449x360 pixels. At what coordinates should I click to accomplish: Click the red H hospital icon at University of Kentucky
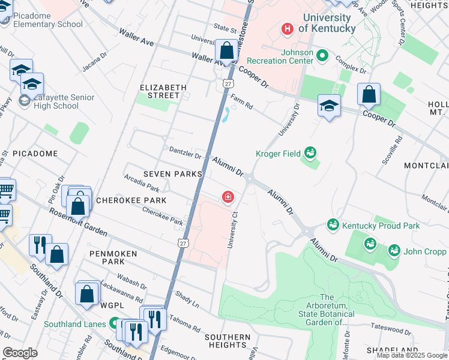[288, 28]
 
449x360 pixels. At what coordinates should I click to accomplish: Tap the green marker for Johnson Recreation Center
[322, 56]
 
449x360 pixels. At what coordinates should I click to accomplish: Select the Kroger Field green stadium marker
[310, 154]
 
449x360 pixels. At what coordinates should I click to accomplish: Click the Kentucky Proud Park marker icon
[333, 225]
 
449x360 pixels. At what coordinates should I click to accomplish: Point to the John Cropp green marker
[394, 250]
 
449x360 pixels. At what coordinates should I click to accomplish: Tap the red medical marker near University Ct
[228, 197]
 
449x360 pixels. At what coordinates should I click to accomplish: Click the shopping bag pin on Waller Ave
[227, 51]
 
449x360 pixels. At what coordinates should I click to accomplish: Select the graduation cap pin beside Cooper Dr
[329, 106]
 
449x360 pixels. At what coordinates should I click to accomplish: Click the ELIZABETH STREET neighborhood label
[163, 91]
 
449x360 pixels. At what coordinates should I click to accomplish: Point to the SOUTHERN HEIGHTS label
[228, 341]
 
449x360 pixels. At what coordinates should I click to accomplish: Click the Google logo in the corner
[20, 353]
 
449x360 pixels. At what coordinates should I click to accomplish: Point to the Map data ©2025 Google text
[412, 356]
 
